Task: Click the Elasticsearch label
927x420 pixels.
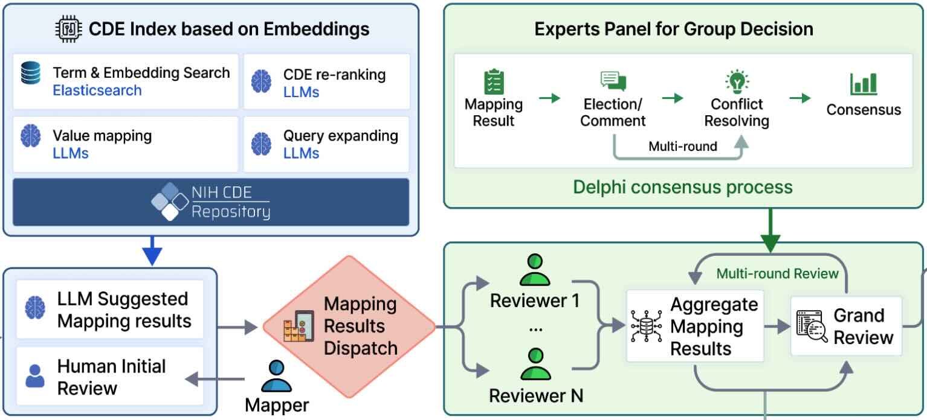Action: click(97, 91)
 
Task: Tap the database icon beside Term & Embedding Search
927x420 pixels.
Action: click(30, 73)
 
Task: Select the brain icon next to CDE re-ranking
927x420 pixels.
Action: click(261, 82)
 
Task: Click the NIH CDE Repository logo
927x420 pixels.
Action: click(210, 202)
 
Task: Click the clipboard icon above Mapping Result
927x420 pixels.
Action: click(494, 83)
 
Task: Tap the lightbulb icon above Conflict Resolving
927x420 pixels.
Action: click(737, 81)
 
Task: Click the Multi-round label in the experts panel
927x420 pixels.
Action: click(682, 147)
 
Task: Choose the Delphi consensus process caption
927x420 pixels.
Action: click(682, 186)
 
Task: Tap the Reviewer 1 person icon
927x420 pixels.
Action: click(535, 269)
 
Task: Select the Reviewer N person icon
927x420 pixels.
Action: click(535, 364)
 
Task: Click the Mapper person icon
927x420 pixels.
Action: click(276, 376)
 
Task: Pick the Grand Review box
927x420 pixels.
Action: click(846, 326)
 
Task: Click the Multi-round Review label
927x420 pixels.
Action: click(777, 274)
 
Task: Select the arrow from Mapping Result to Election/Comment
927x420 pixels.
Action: click(549, 98)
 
